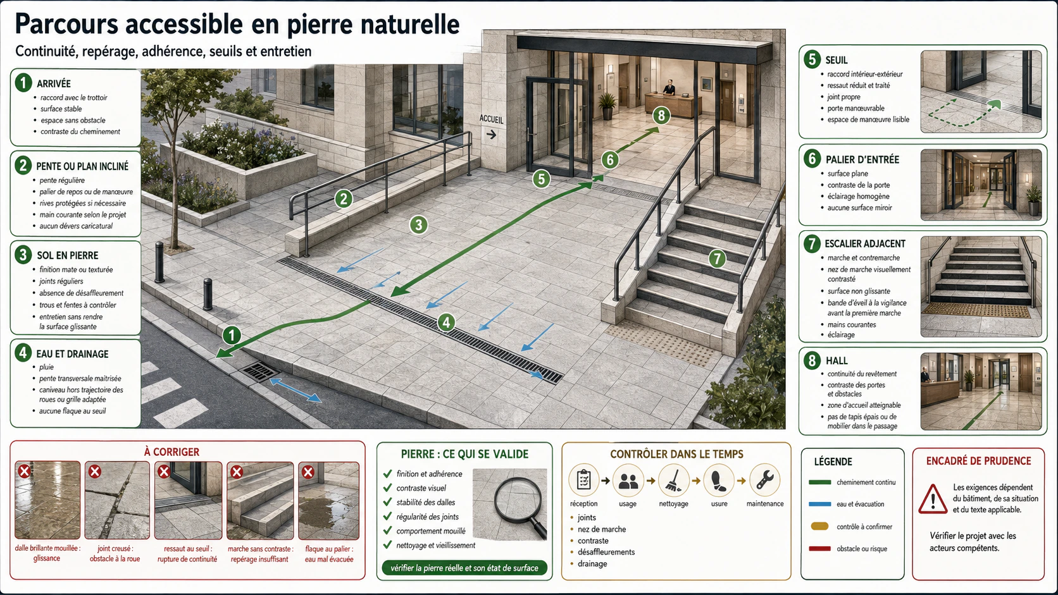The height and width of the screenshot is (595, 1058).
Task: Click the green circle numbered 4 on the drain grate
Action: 446,322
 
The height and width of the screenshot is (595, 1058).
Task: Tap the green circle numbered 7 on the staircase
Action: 717,259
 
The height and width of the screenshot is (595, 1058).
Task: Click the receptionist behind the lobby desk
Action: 669,87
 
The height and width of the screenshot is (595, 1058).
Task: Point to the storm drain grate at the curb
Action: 259,371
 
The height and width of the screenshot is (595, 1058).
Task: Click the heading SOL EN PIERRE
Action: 68,255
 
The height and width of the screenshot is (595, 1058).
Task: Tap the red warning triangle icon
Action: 932,499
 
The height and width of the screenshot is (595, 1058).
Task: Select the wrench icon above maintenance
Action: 764,481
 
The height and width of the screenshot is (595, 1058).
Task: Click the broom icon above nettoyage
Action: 673,481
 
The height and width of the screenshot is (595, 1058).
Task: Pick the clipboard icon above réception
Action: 584,481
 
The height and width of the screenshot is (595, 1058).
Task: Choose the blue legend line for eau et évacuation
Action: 819,504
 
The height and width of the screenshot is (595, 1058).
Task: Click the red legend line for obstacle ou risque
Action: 819,549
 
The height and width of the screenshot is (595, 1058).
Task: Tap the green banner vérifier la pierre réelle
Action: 464,568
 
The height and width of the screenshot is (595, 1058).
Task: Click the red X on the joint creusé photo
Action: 95,471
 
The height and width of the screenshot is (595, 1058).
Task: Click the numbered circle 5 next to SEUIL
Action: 812,59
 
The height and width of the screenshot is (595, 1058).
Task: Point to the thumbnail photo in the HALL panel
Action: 981,391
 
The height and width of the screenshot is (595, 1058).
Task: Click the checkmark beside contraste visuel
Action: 388,488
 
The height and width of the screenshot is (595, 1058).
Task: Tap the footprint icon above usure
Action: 719,481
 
